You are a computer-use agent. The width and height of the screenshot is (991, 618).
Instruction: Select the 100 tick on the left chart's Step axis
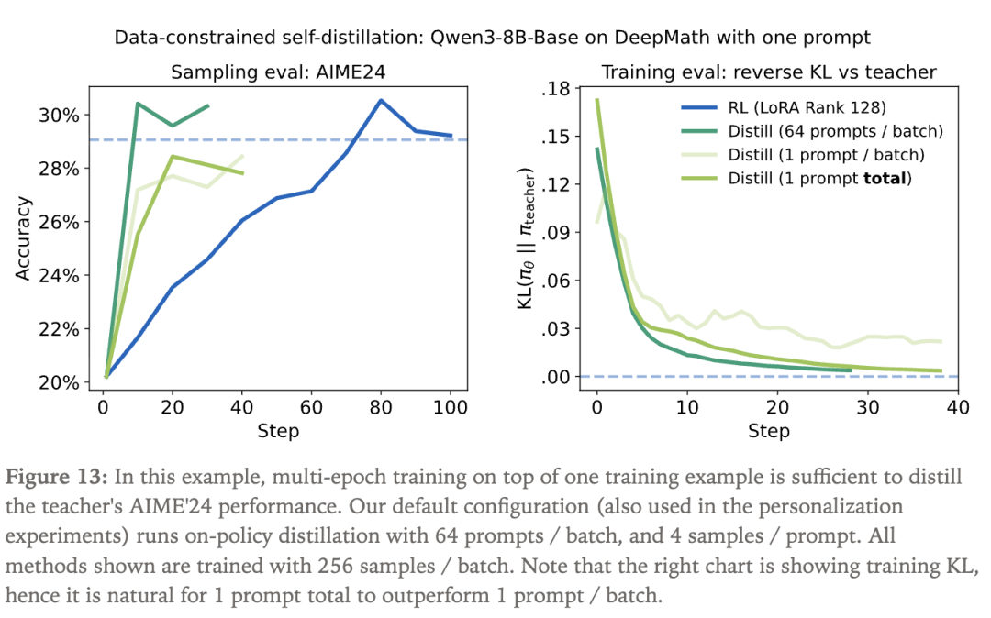coord(450,405)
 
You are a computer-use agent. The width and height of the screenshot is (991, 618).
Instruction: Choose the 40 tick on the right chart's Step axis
coord(958,405)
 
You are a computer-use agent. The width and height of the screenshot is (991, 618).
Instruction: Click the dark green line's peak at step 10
coord(137,103)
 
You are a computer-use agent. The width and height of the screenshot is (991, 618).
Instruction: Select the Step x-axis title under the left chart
coord(278,431)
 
